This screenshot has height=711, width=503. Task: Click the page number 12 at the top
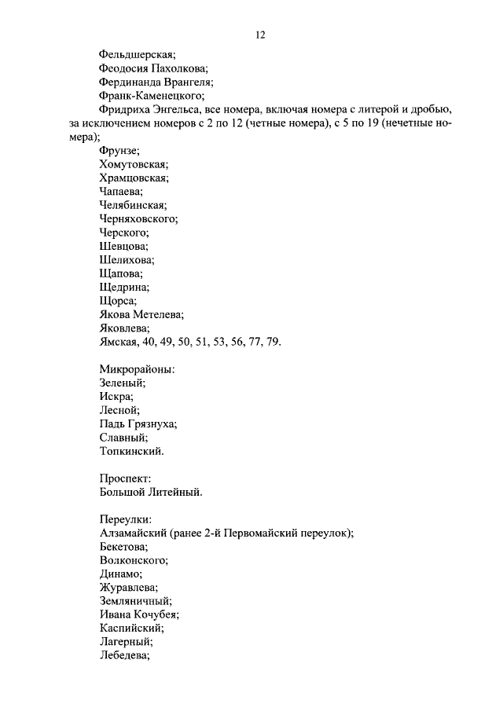click(x=260, y=35)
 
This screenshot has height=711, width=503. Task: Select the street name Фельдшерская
click(x=137, y=55)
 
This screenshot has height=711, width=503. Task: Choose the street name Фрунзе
click(x=119, y=151)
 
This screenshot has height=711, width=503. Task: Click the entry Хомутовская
click(x=134, y=164)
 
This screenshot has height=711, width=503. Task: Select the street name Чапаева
click(x=121, y=192)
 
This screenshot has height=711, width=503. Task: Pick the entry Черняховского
click(x=139, y=219)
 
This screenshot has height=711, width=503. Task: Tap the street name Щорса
click(x=118, y=301)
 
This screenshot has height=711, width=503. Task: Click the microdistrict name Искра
click(x=116, y=397)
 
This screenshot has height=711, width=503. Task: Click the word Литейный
click(x=177, y=493)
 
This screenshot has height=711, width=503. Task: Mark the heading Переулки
click(x=126, y=520)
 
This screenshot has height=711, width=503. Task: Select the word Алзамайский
click(x=136, y=533)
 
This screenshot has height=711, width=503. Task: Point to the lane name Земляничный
click(x=136, y=602)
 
